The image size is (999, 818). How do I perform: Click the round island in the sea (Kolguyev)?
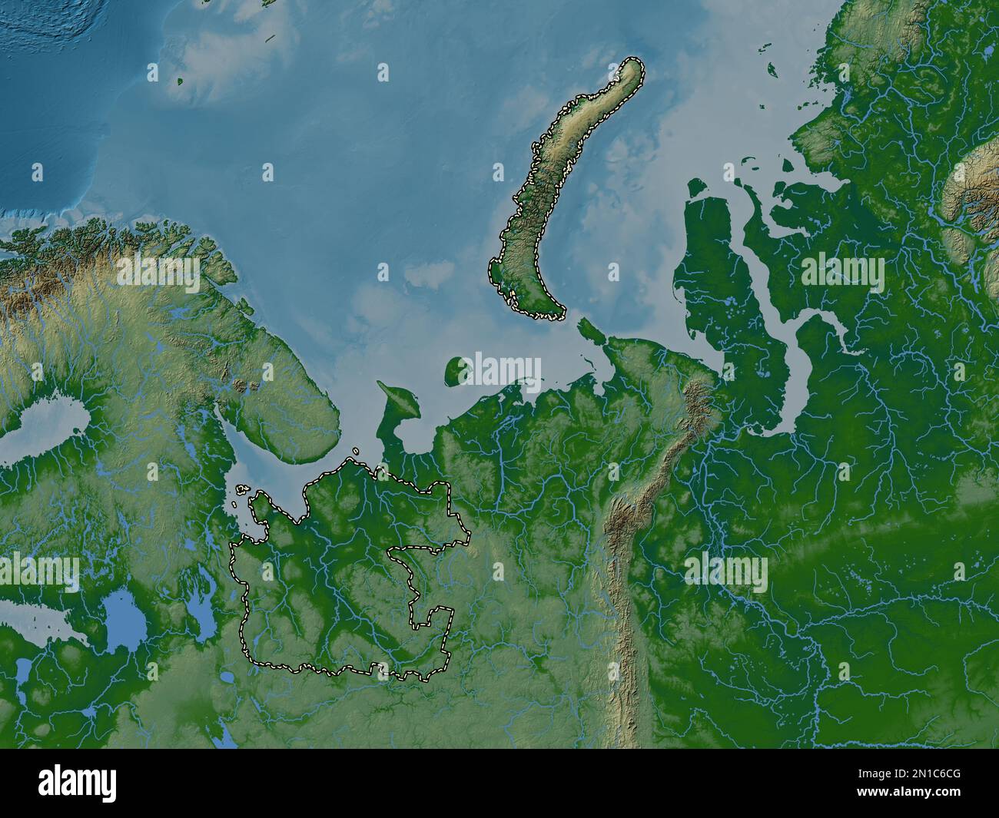click(x=458, y=370)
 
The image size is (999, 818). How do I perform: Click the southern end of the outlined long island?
click(x=538, y=311)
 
